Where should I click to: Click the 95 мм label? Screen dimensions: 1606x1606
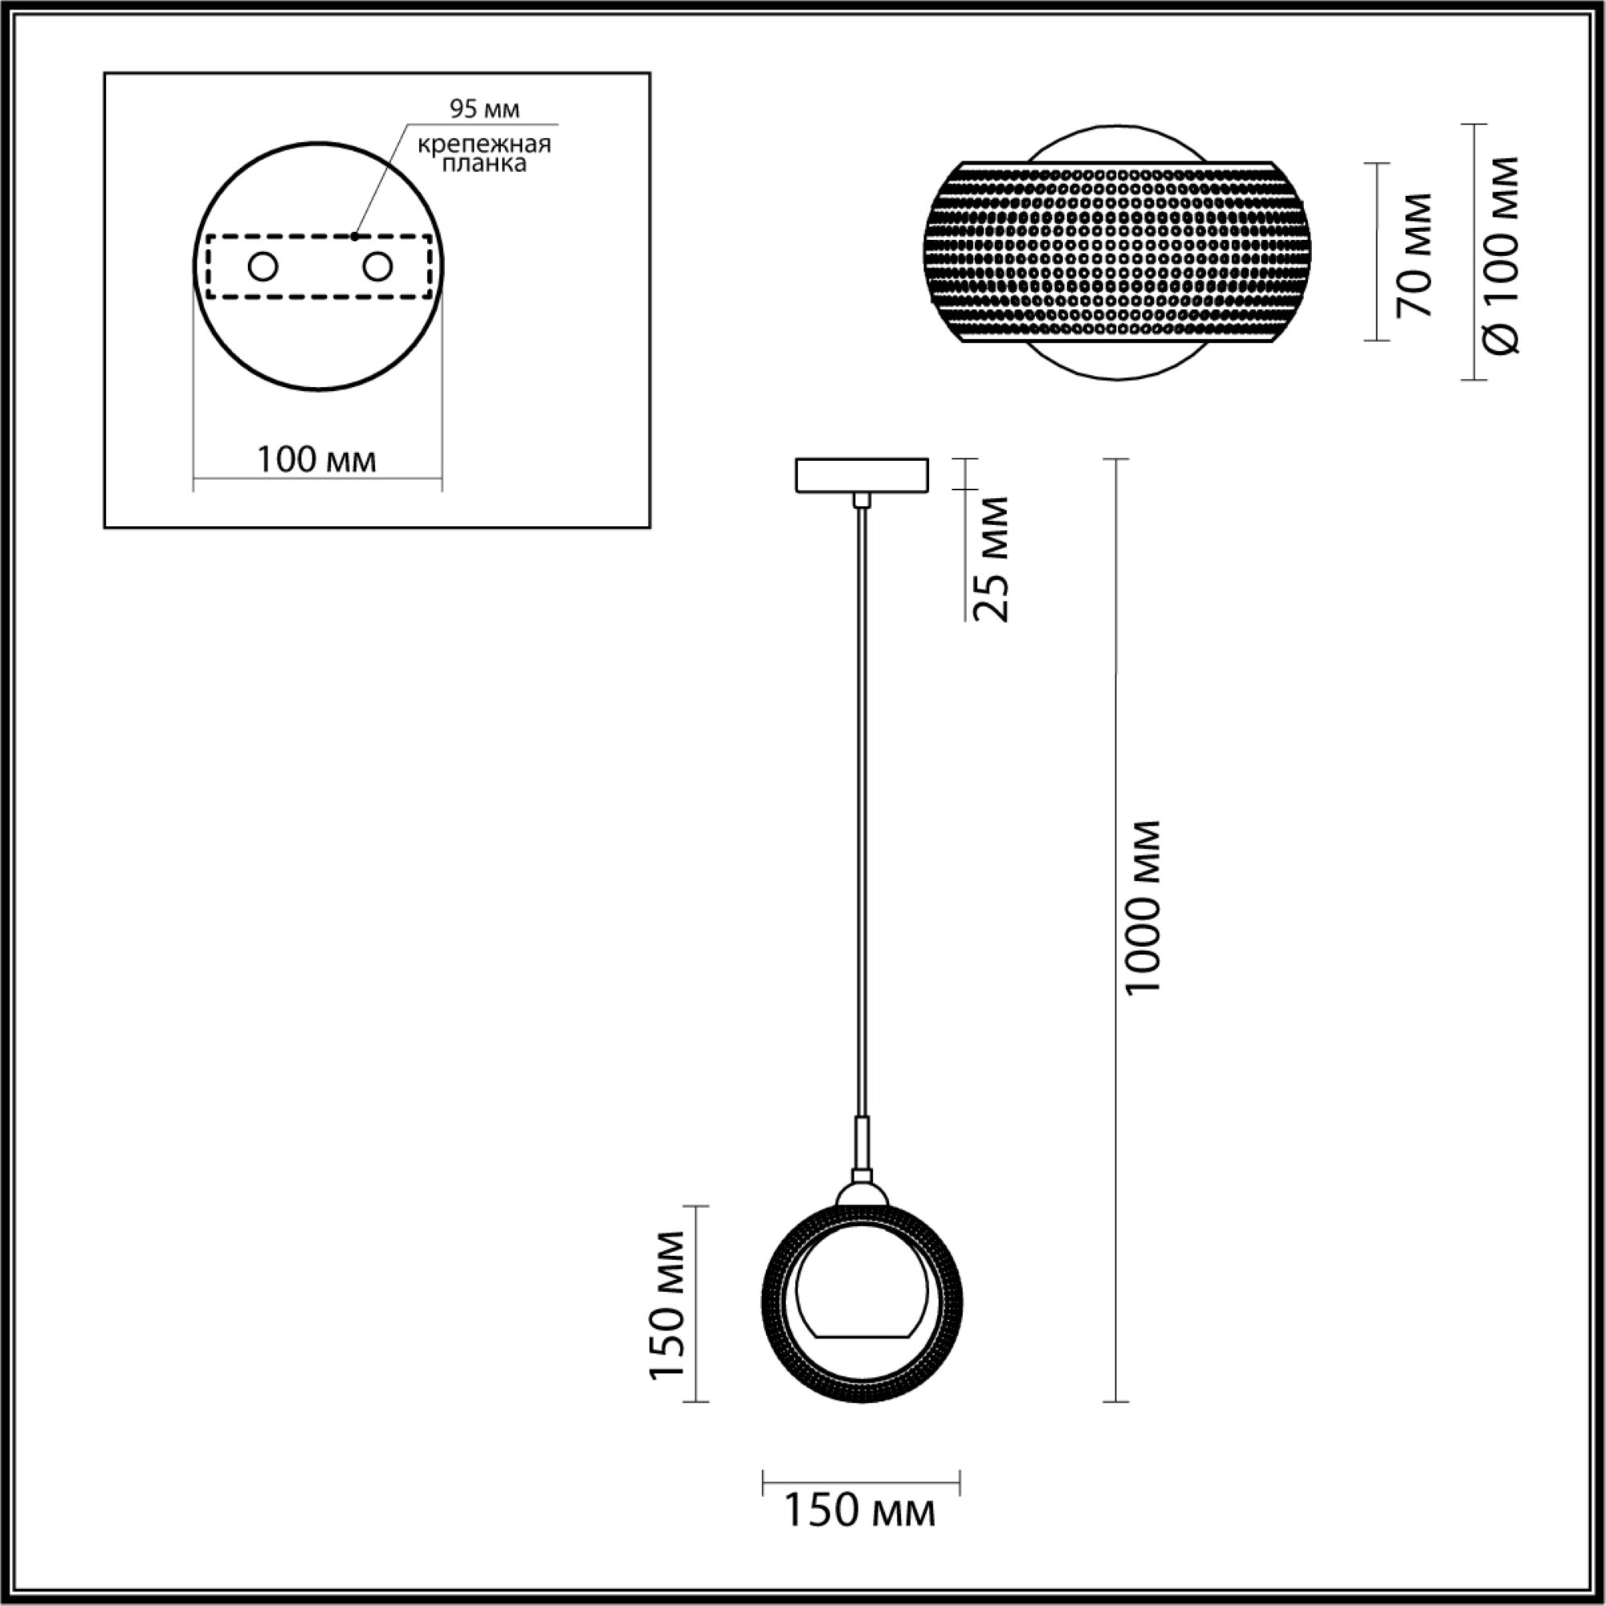coord(485,109)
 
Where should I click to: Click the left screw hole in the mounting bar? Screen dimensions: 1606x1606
coord(263,267)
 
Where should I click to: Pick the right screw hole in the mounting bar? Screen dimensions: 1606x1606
coord(377,267)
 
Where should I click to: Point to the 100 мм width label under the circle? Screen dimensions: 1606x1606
coord(316,459)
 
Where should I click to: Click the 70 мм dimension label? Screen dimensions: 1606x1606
coord(1414,255)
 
